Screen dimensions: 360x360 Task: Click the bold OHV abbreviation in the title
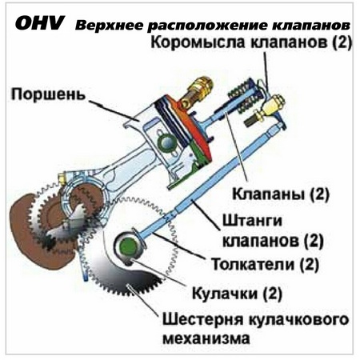(x=40, y=23)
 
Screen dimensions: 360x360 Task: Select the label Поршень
(x=48, y=94)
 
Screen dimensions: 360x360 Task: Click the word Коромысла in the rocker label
(x=199, y=42)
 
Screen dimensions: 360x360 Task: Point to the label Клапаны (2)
(x=281, y=194)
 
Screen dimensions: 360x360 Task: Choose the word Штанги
(x=252, y=221)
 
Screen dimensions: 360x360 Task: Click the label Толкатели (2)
(x=265, y=264)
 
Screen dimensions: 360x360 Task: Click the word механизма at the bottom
(x=206, y=338)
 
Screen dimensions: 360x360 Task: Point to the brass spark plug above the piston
(x=197, y=91)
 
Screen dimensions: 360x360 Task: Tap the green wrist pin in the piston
(x=166, y=142)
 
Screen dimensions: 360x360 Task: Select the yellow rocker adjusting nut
(x=273, y=106)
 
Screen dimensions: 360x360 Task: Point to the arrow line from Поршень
(x=114, y=110)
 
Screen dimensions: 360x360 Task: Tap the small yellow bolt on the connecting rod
(x=62, y=178)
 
